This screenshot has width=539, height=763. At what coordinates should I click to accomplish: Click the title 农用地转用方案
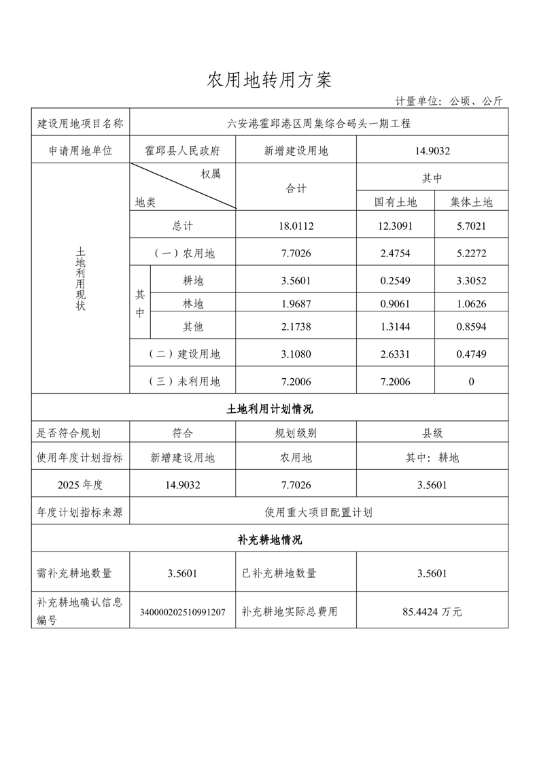[269, 80]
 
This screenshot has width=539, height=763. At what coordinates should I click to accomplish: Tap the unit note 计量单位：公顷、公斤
[449, 101]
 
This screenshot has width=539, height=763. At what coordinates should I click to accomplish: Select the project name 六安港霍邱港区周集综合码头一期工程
[318, 123]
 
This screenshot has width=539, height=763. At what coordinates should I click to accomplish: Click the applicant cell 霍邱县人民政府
[182, 151]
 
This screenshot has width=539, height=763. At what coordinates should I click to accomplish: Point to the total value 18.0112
[296, 226]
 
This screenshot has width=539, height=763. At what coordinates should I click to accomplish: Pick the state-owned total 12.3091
[395, 226]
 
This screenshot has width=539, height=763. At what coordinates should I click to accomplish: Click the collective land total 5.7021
[471, 226]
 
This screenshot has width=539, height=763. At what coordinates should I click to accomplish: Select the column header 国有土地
[395, 202]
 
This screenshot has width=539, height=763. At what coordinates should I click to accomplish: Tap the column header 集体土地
[471, 202]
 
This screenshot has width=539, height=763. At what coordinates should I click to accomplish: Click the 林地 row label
[193, 303]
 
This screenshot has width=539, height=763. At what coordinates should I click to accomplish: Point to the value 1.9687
[296, 303]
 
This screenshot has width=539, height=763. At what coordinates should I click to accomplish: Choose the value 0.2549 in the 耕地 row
[395, 280]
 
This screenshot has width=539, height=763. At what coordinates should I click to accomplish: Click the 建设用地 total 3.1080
[296, 354]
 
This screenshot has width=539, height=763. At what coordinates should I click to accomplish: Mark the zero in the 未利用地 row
[471, 381]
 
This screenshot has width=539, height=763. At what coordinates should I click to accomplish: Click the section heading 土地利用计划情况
[269, 409]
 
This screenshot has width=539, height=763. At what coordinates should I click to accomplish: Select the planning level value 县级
[432, 433]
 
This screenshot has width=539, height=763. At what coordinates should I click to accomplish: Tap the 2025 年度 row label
[80, 485]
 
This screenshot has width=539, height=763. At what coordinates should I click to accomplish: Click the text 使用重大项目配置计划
[318, 512]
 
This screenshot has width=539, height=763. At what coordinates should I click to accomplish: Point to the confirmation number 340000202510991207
[182, 612]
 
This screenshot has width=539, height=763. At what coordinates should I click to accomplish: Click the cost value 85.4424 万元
[432, 611]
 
